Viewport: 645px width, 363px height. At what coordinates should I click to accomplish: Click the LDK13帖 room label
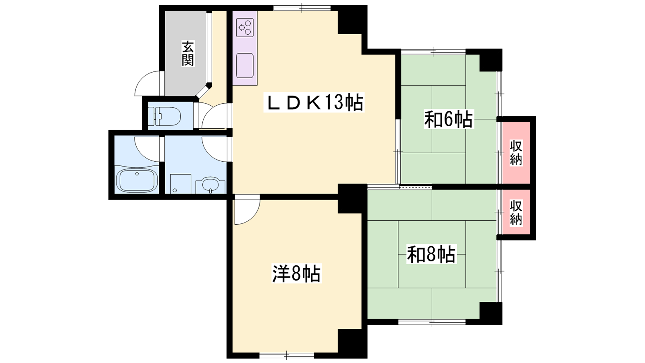coord(314,102)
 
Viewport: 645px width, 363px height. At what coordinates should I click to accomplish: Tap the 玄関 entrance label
coord(187,54)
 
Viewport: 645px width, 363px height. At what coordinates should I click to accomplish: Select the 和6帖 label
coord(448,119)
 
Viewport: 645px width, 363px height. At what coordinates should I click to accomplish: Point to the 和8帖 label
coord(431,254)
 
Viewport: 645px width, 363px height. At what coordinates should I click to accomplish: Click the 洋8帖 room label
coord(296,274)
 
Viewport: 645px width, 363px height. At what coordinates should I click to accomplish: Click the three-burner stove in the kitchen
coord(245,27)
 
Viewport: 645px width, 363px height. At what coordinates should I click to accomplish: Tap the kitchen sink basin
coord(245,65)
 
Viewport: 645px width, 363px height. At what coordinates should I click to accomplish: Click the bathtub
coord(137,181)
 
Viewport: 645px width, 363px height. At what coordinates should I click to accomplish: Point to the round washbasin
coord(210,185)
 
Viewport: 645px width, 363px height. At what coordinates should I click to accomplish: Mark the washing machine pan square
coord(181,184)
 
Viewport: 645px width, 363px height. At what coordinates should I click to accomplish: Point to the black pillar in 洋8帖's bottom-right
coord(352,343)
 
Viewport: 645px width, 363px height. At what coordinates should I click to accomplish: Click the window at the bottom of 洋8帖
coord(287,355)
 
